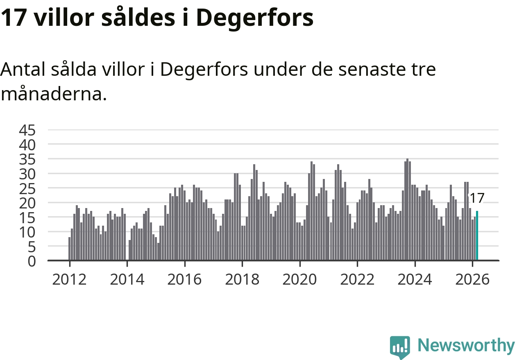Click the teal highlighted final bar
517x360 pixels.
click(477, 236)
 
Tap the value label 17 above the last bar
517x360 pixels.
click(476, 198)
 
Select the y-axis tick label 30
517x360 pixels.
click(27, 174)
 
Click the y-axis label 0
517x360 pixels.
click(32, 261)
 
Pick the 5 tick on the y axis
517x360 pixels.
click(32, 247)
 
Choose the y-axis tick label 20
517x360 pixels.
click(27, 203)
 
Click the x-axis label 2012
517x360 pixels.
click(69, 280)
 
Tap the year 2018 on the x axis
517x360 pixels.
click(242, 280)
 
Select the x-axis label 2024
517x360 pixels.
click(415, 280)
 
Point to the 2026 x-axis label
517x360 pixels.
click(472, 280)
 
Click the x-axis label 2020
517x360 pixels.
click(300, 280)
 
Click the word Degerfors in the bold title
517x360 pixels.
click(254, 18)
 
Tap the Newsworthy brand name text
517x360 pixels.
click(466, 346)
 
